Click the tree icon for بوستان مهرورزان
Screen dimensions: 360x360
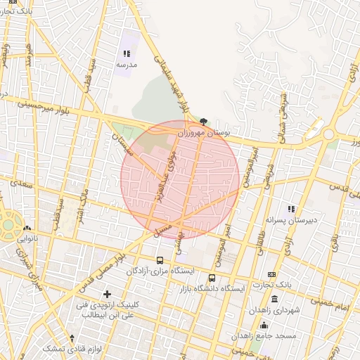204,122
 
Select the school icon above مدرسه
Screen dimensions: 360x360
127,53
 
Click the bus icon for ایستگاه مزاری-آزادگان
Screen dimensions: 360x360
160,260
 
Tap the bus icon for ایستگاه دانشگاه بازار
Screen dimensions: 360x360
212,278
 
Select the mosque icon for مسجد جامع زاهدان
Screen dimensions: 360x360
264,325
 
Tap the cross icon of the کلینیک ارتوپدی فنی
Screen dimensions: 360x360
107,293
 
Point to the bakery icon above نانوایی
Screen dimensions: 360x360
27,228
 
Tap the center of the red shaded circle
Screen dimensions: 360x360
180,180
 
